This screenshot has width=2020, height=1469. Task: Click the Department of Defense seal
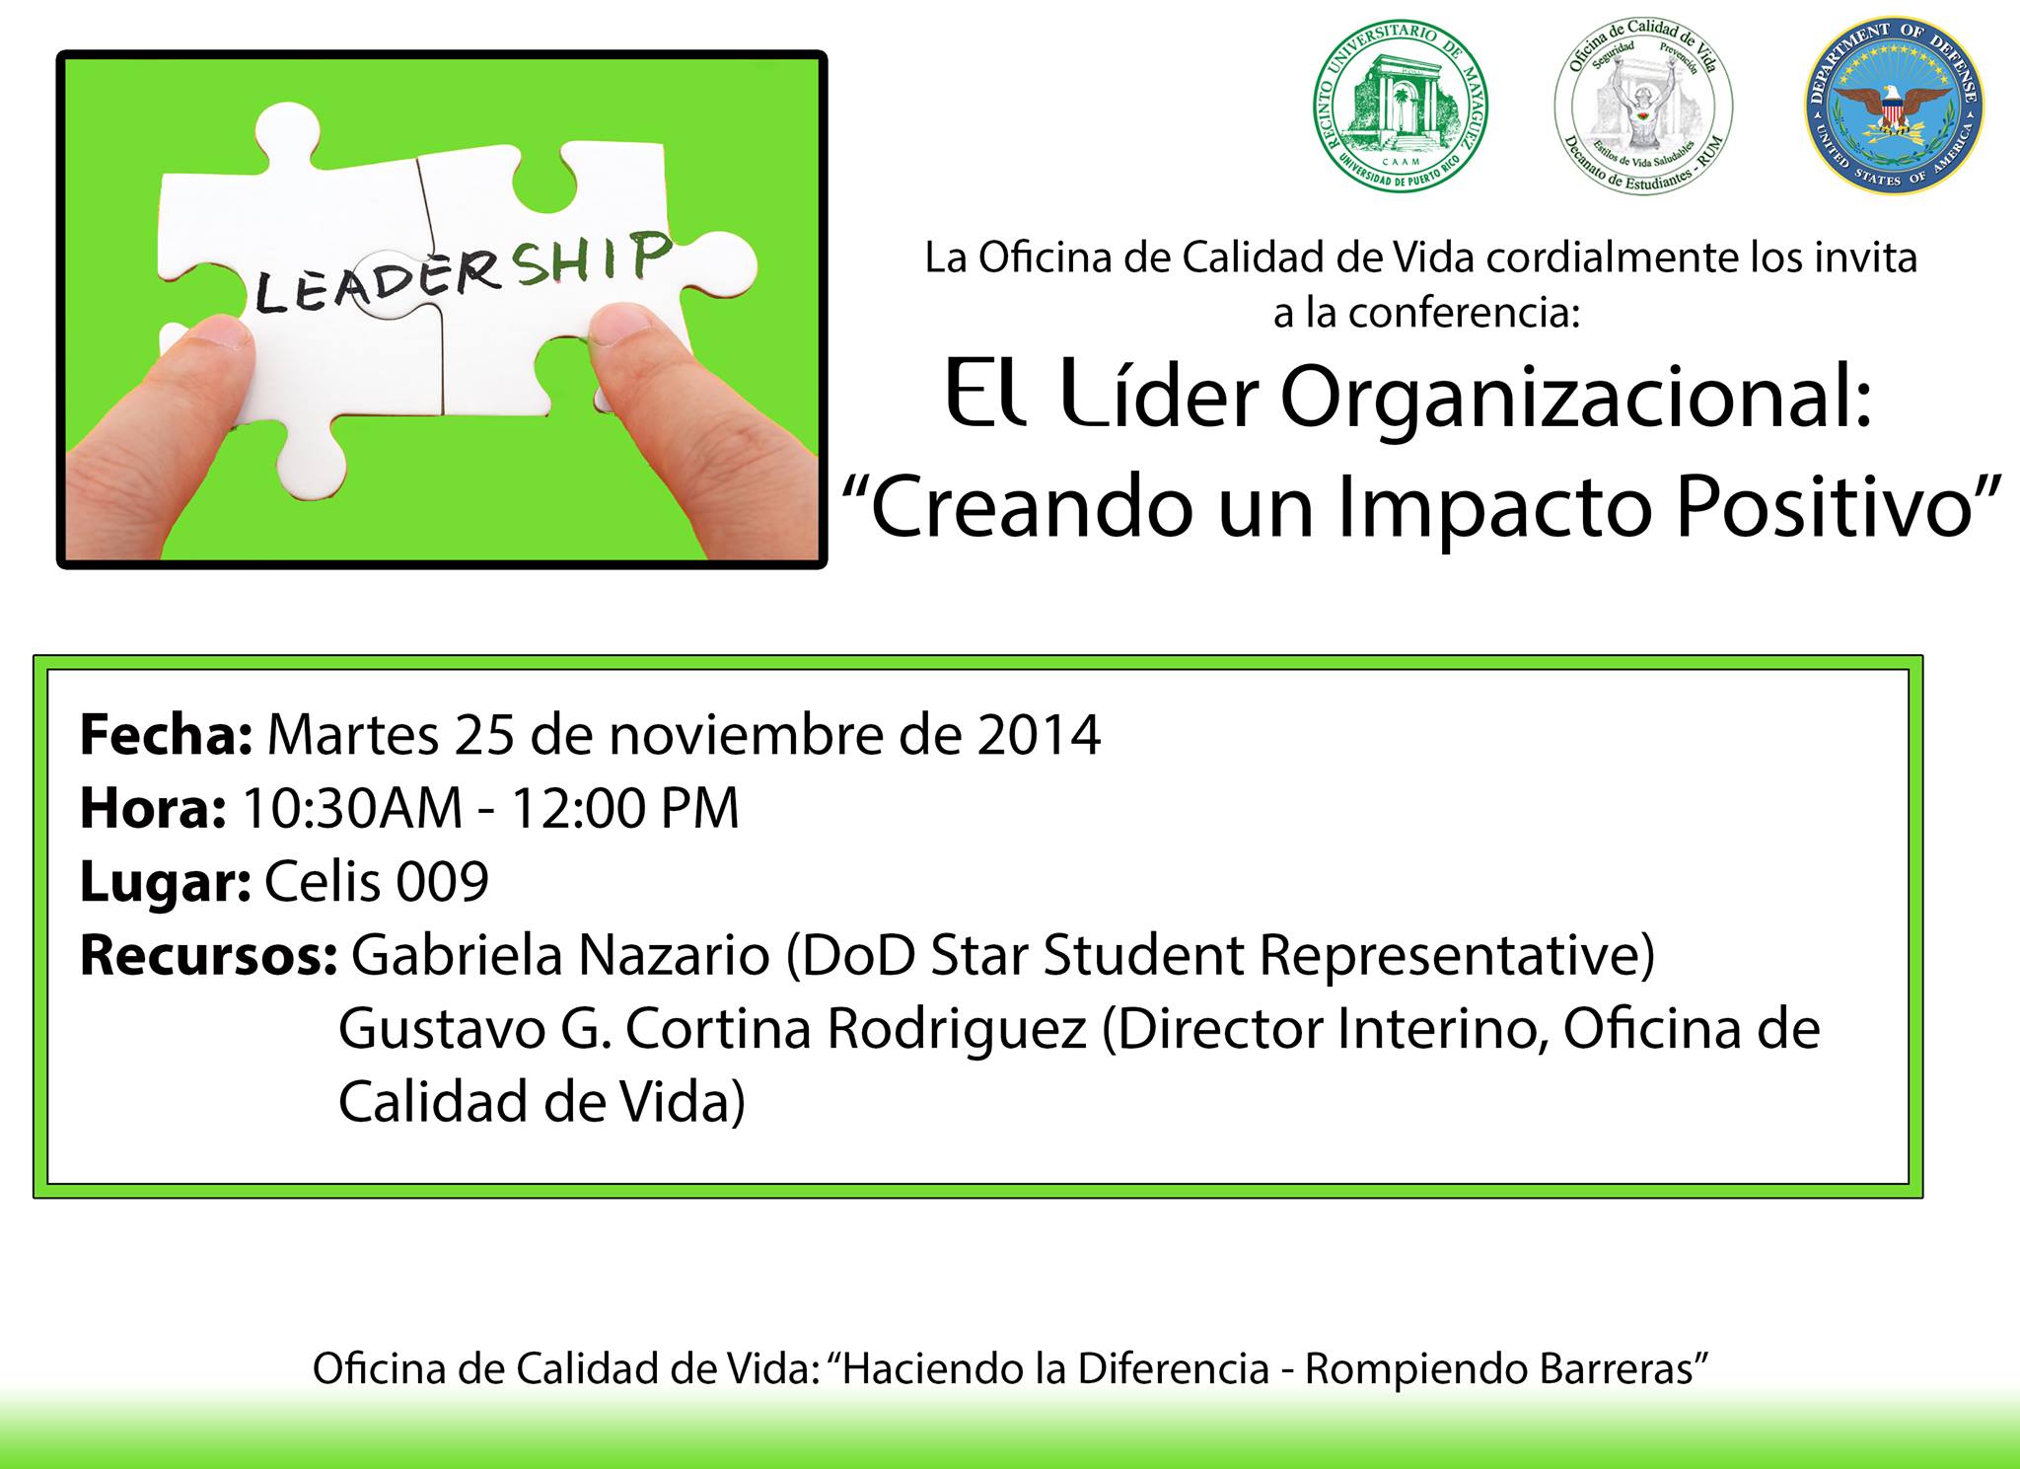tap(1895, 107)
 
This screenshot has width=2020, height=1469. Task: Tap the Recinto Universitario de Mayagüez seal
tap(1401, 107)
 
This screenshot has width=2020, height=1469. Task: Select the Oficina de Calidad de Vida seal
tap(1644, 107)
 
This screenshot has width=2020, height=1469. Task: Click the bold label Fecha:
tap(167, 735)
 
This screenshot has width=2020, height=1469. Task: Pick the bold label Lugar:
tap(166, 883)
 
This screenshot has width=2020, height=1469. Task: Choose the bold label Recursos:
tap(209, 955)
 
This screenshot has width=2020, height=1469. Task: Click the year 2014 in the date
tap(1040, 735)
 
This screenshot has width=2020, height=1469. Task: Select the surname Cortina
tap(719, 1028)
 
